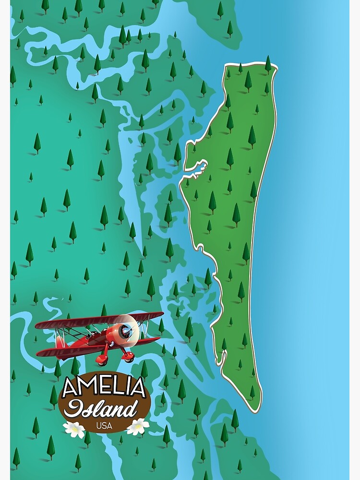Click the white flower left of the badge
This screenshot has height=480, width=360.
pos(74,429)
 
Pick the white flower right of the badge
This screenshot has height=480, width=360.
pos(138,426)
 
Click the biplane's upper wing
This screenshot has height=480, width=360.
pos(96,321)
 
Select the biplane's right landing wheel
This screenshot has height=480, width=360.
pos(128,357)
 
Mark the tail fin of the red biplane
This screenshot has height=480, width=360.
pos(59,341)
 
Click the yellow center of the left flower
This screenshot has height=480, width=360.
pos(74,429)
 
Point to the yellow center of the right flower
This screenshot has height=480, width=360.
pos(138,426)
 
